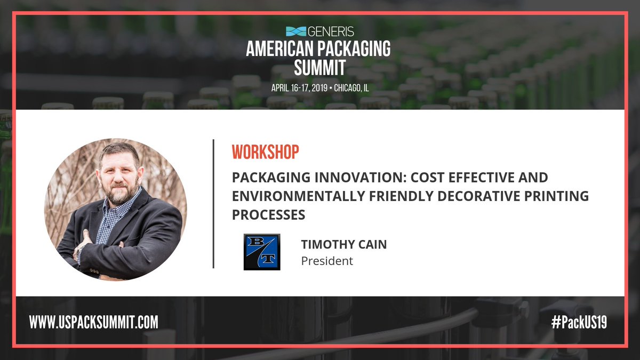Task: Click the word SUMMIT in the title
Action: pyautogui.click(x=319, y=68)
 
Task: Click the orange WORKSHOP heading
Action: pyautogui.click(x=265, y=151)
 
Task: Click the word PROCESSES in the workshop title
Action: pyautogui.click(x=268, y=214)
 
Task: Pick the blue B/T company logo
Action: pyautogui.click(x=262, y=252)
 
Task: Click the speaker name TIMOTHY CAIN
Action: pyautogui.click(x=343, y=244)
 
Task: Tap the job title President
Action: pyautogui.click(x=327, y=261)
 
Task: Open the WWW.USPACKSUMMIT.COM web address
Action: pyautogui.click(x=94, y=322)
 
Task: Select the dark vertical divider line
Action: pyautogui.click(x=213, y=203)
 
